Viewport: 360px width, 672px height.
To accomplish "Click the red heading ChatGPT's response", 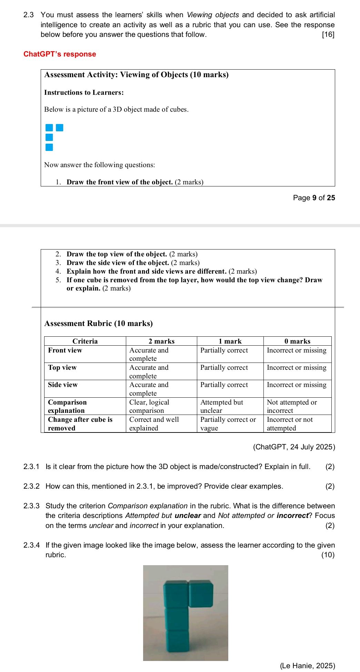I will point(60,54).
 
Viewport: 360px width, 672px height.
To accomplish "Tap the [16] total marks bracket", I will point(328,34).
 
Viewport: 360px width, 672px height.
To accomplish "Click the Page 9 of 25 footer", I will point(314,197).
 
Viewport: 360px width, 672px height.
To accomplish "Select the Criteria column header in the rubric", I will point(85,341).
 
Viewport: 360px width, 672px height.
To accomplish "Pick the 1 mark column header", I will point(230,341).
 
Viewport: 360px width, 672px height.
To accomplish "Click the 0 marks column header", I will point(297,341).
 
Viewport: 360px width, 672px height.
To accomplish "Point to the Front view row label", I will point(65,350).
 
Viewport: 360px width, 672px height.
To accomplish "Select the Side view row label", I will point(63,385).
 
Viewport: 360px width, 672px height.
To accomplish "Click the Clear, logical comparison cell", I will point(149,406).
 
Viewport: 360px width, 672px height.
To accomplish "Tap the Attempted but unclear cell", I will point(221,406).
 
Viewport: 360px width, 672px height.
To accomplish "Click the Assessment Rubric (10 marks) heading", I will point(99,323).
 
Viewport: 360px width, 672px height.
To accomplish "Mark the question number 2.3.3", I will point(31,506).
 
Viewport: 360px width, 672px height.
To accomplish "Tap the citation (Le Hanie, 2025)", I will point(307,665).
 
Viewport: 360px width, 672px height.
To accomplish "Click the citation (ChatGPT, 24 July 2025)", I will point(294,447).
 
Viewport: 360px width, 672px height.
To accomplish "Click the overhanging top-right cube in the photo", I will point(201,593).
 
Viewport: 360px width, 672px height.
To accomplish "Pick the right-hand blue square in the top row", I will point(60,128).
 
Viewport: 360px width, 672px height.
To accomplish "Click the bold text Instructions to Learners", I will point(84,92).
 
